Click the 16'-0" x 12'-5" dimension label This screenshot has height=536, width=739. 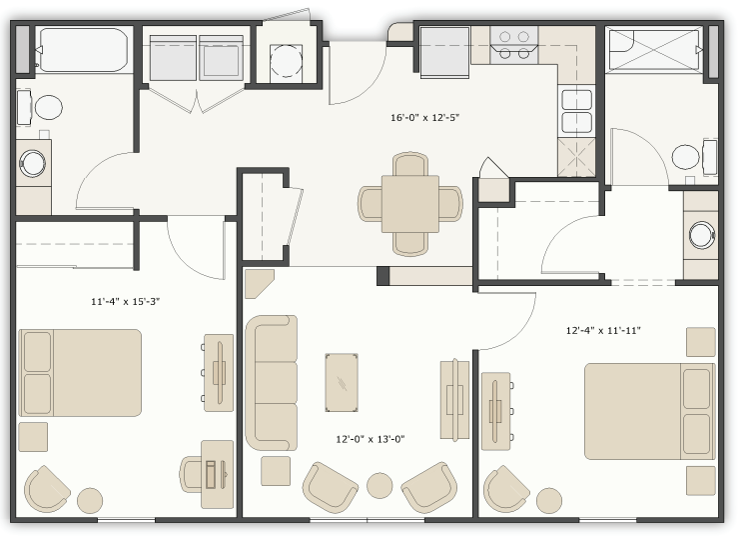point(424,117)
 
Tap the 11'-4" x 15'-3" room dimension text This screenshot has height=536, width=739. point(125,299)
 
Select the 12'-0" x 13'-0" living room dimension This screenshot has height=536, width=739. point(369,438)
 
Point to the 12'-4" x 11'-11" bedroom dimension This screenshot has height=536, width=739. point(602,330)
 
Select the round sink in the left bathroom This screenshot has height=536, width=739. point(34,162)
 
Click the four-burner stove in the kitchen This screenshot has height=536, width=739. point(514,45)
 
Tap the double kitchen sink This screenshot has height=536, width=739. point(577,111)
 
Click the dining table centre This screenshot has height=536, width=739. point(410,203)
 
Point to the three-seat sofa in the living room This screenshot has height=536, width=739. point(271,381)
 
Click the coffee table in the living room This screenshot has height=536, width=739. point(343,381)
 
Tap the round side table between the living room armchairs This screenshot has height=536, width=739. point(378,486)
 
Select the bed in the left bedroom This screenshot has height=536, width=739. point(80,372)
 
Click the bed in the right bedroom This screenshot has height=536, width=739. point(649,409)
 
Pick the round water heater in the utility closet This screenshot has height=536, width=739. point(287,58)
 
